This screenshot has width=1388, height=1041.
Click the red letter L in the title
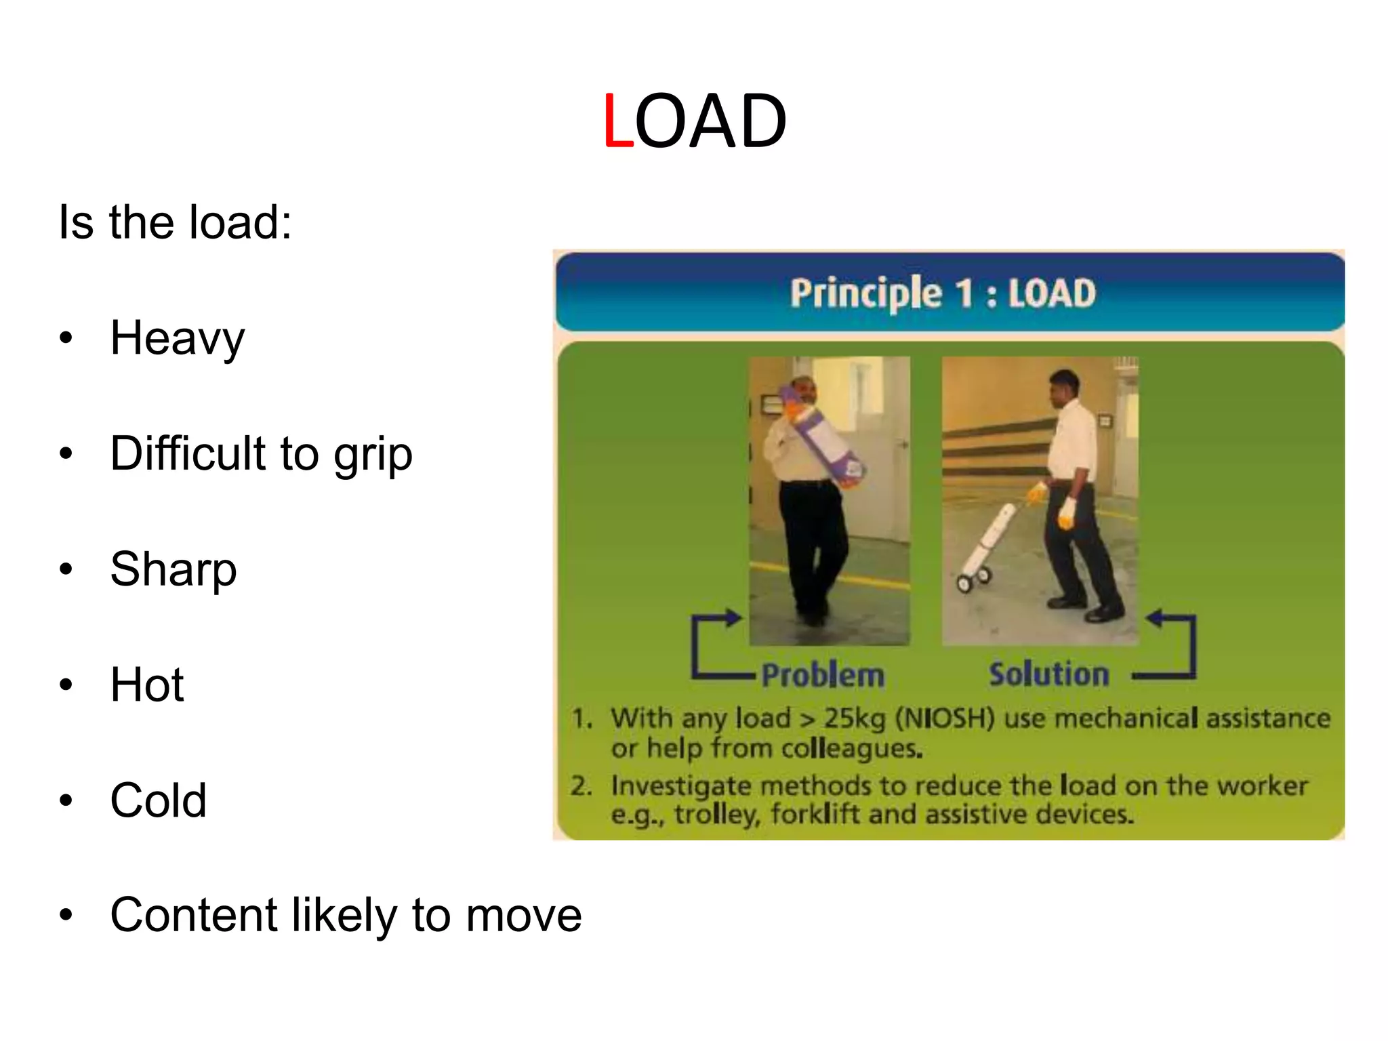pos(617,121)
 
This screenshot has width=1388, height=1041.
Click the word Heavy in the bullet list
pos(177,338)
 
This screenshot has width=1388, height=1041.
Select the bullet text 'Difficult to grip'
pos(261,453)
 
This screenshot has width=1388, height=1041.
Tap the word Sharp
pos(173,569)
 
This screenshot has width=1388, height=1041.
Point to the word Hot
pos(147,685)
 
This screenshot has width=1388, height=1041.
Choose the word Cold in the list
pos(158,800)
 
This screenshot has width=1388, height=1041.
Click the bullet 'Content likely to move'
pos(346,916)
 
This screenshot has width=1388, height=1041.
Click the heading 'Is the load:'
pos(175,222)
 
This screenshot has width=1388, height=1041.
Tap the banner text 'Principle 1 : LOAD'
pos(942,293)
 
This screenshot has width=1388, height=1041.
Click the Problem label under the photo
pos(823,676)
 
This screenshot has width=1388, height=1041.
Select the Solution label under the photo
pos(1048,674)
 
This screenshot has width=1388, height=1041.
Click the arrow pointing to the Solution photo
pos(1171,644)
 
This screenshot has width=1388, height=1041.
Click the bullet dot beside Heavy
pos(65,339)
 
